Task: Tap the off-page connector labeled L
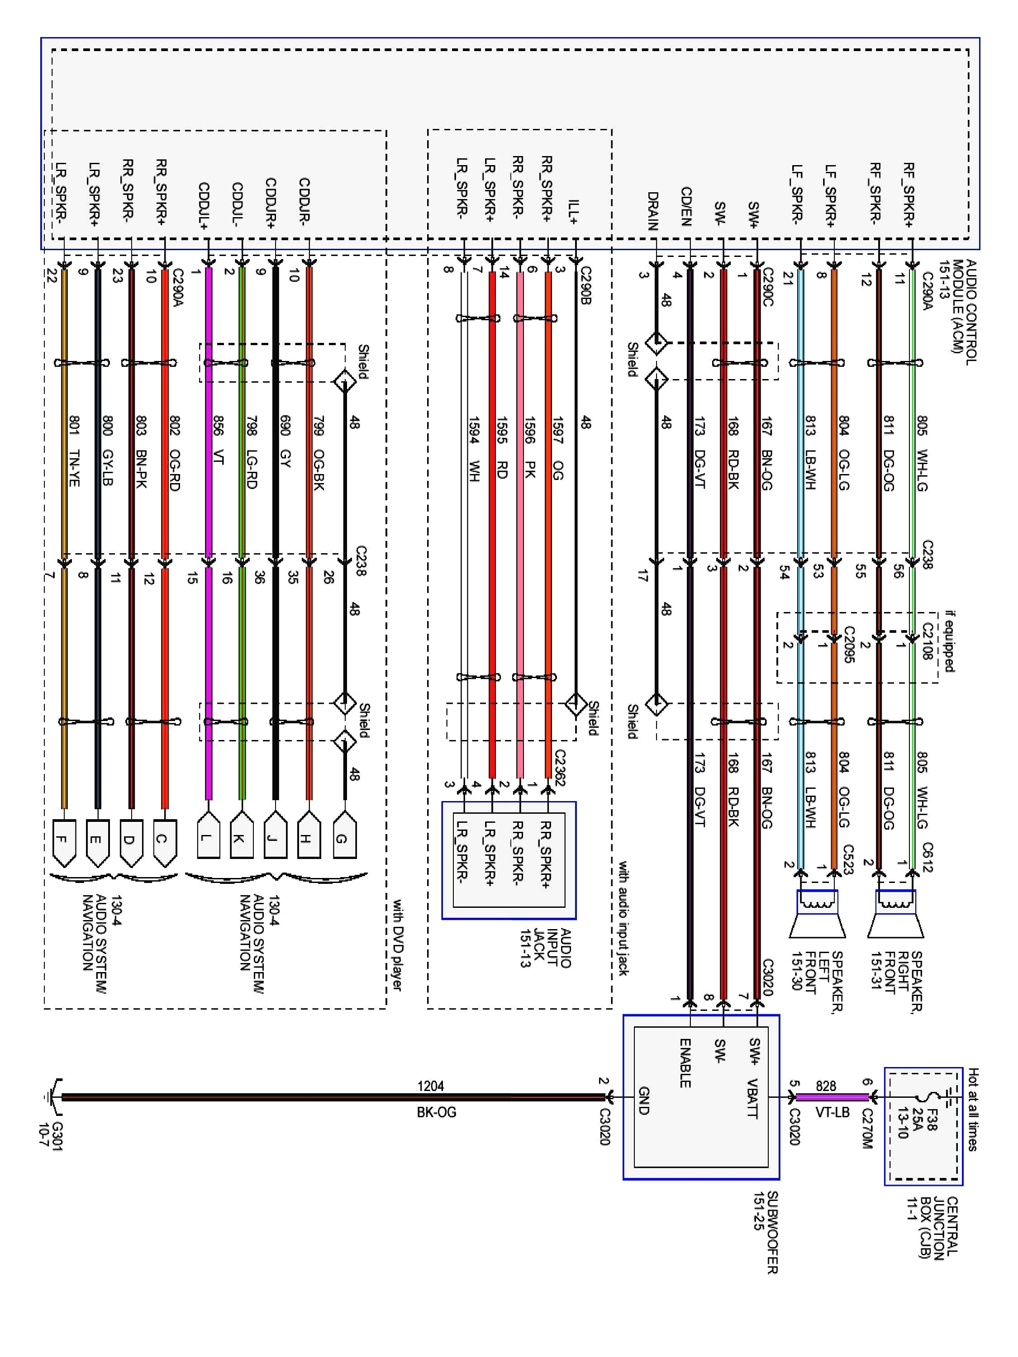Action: (x=209, y=837)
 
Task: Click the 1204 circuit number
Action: (x=430, y=1086)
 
